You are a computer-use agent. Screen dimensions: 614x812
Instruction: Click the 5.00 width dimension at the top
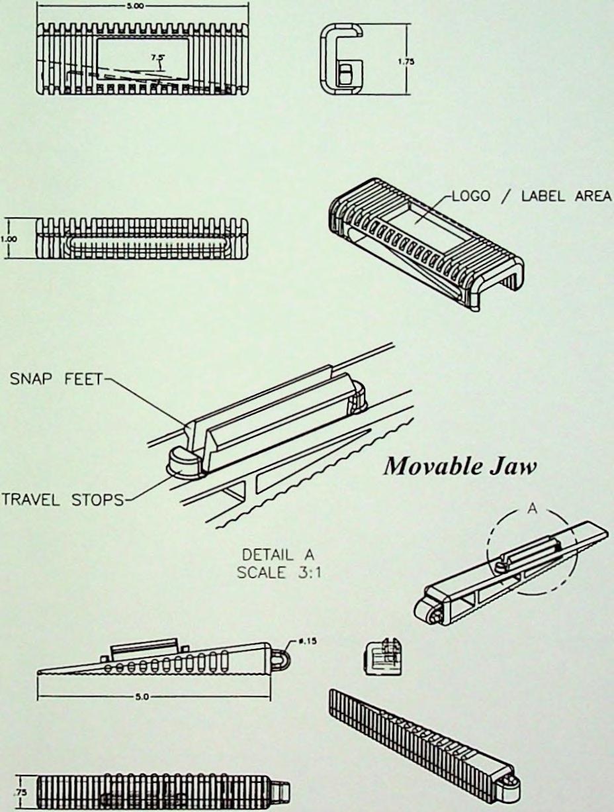142,4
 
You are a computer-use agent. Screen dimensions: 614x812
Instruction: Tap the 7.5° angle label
157,58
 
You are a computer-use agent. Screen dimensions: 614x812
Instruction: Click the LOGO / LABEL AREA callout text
530,197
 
